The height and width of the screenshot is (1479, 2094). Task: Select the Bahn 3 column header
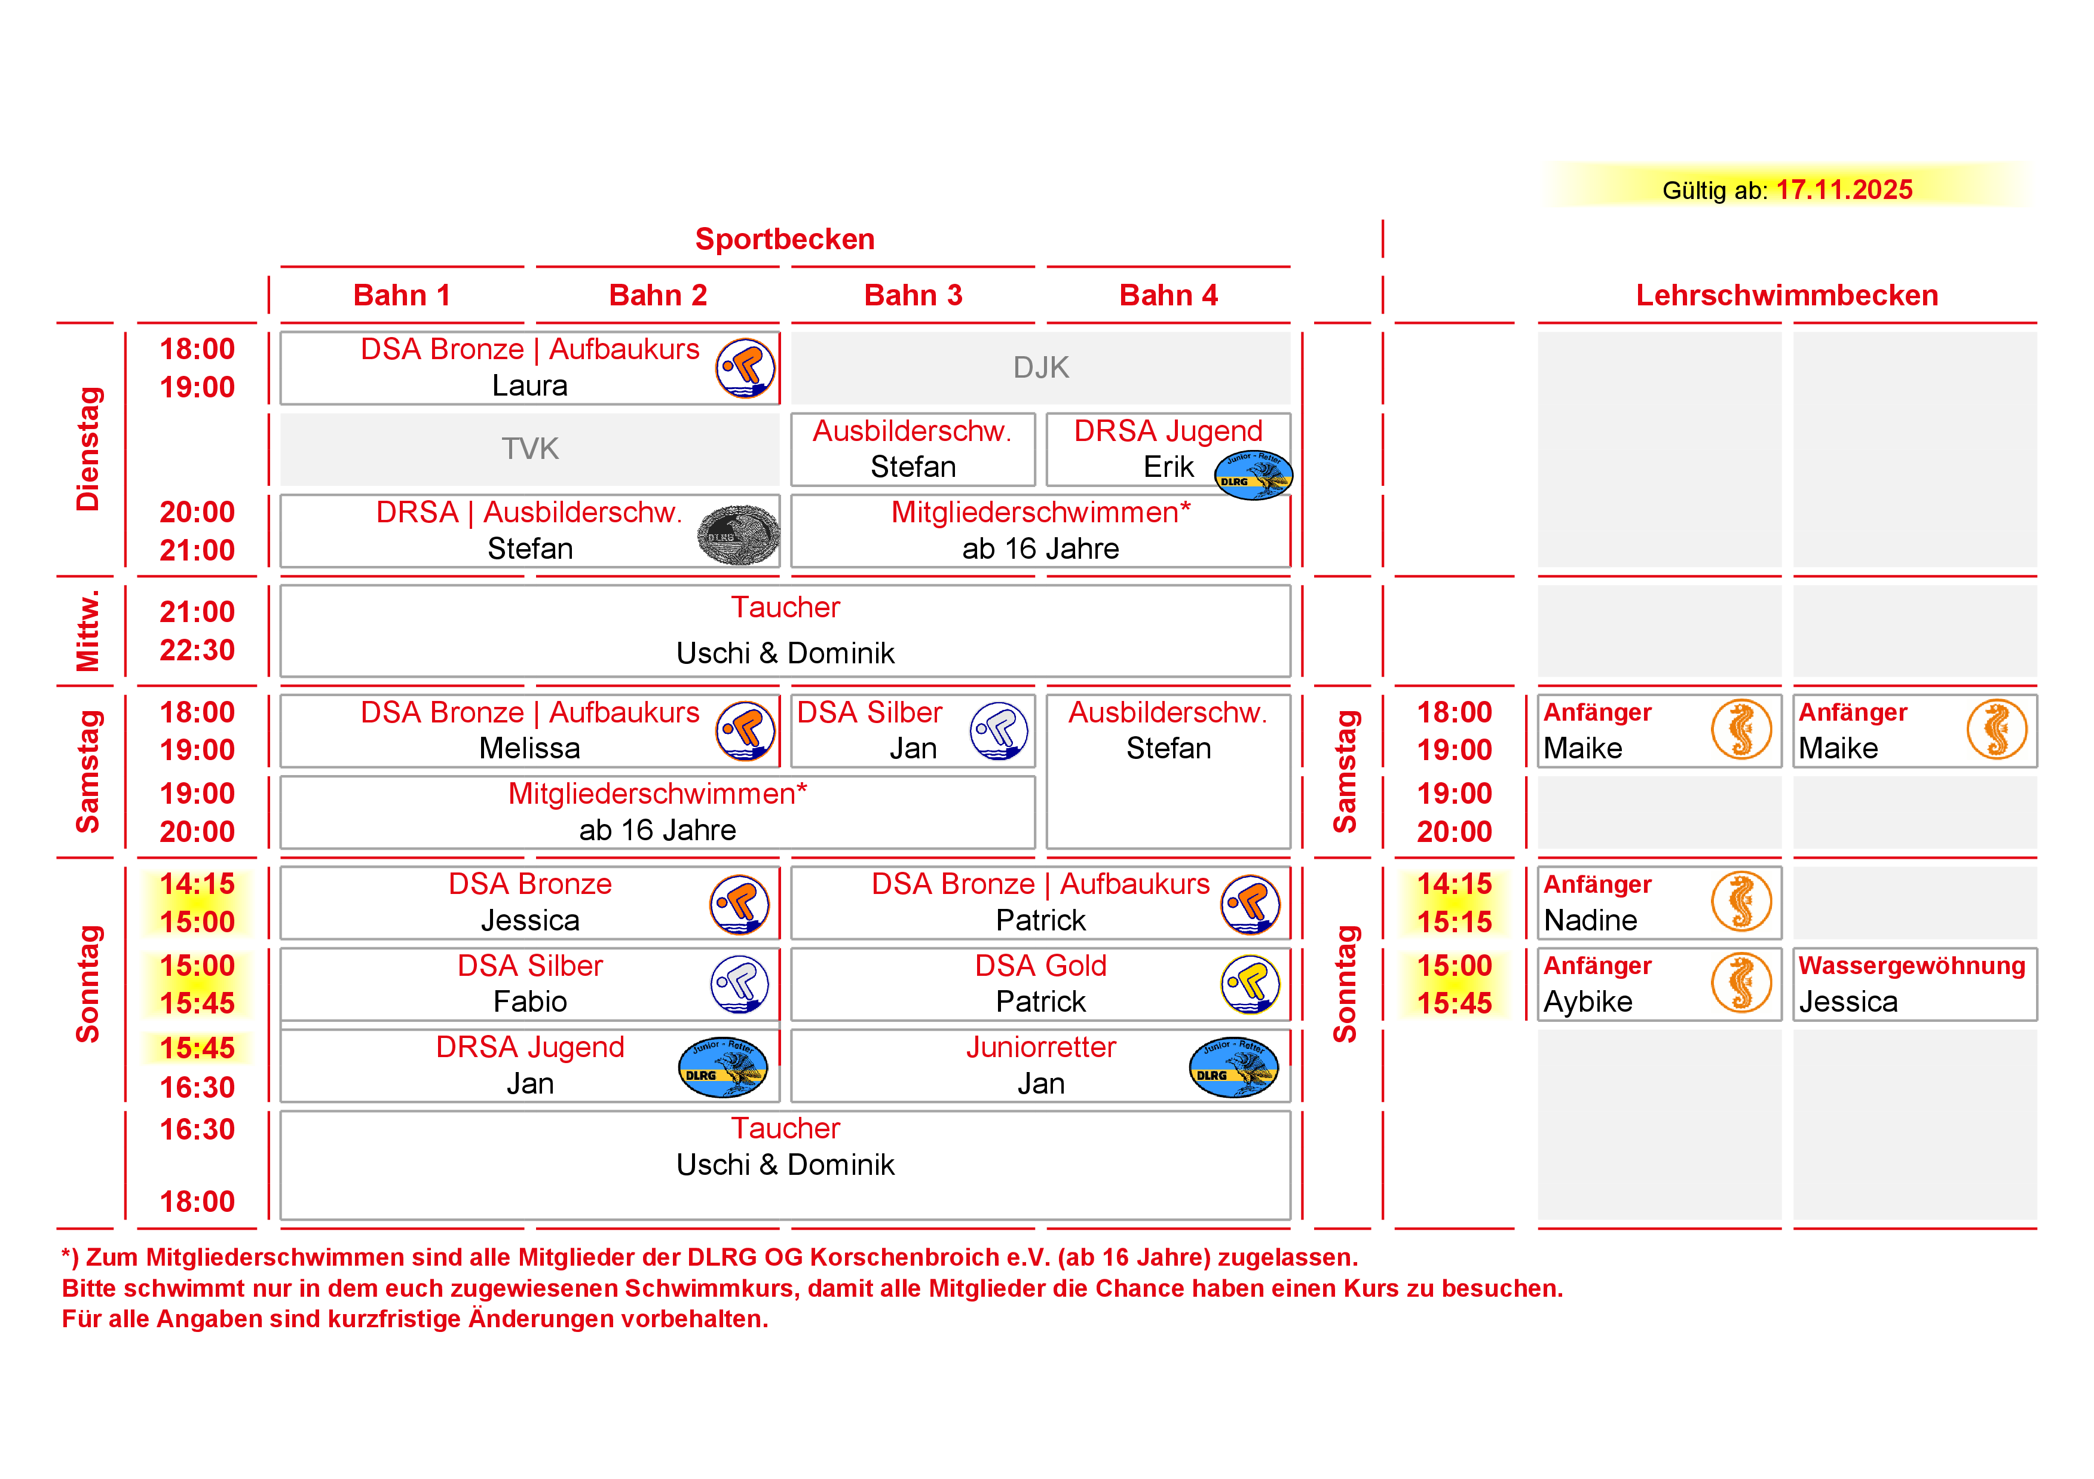click(913, 295)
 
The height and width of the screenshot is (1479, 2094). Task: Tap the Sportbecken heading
click(784, 239)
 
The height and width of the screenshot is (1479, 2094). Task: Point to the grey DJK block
click(1040, 368)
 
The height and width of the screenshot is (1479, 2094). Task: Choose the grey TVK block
click(530, 449)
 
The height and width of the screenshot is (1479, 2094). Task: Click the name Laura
click(530, 385)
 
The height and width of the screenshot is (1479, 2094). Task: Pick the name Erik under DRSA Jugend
click(1168, 467)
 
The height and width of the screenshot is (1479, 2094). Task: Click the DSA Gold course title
click(1040, 966)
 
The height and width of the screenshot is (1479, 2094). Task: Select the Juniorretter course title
click(1040, 1047)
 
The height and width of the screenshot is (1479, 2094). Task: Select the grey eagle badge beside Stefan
click(739, 535)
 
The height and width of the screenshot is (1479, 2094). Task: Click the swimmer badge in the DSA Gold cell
click(1250, 984)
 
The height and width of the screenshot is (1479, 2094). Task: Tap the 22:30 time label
click(197, 650)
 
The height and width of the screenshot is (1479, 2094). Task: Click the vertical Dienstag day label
click(88, 449)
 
